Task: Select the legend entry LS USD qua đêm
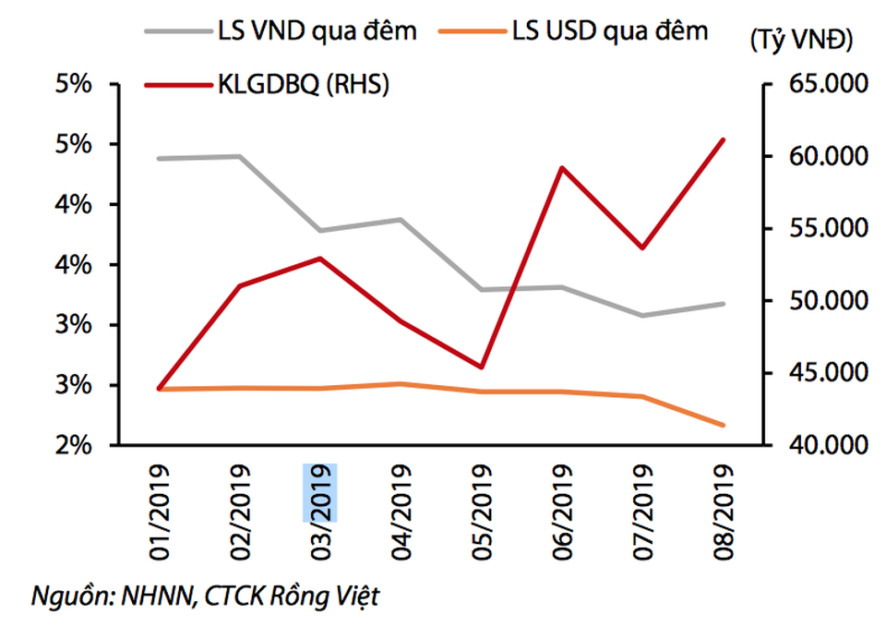[609, 30]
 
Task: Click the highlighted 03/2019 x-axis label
[320, 493]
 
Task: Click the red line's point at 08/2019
[723, 139]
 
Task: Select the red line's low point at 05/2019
[481, 368]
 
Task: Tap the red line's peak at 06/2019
[561, 168]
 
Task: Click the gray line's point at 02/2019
[240, 156]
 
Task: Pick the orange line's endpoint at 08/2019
[723, 426]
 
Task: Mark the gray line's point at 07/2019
[642, 315]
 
